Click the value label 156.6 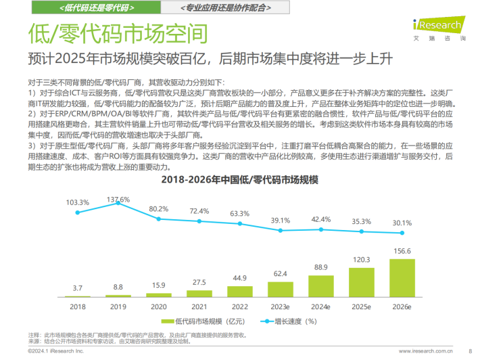pos(402,252)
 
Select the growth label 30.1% pos(402,223)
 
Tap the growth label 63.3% pos(239,213)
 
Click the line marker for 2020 pos(159,219)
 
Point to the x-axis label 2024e pos(320,307)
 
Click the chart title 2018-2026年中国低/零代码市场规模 pos(240,181)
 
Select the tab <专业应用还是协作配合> pos(221,7)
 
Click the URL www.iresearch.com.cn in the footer pos(425,352)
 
